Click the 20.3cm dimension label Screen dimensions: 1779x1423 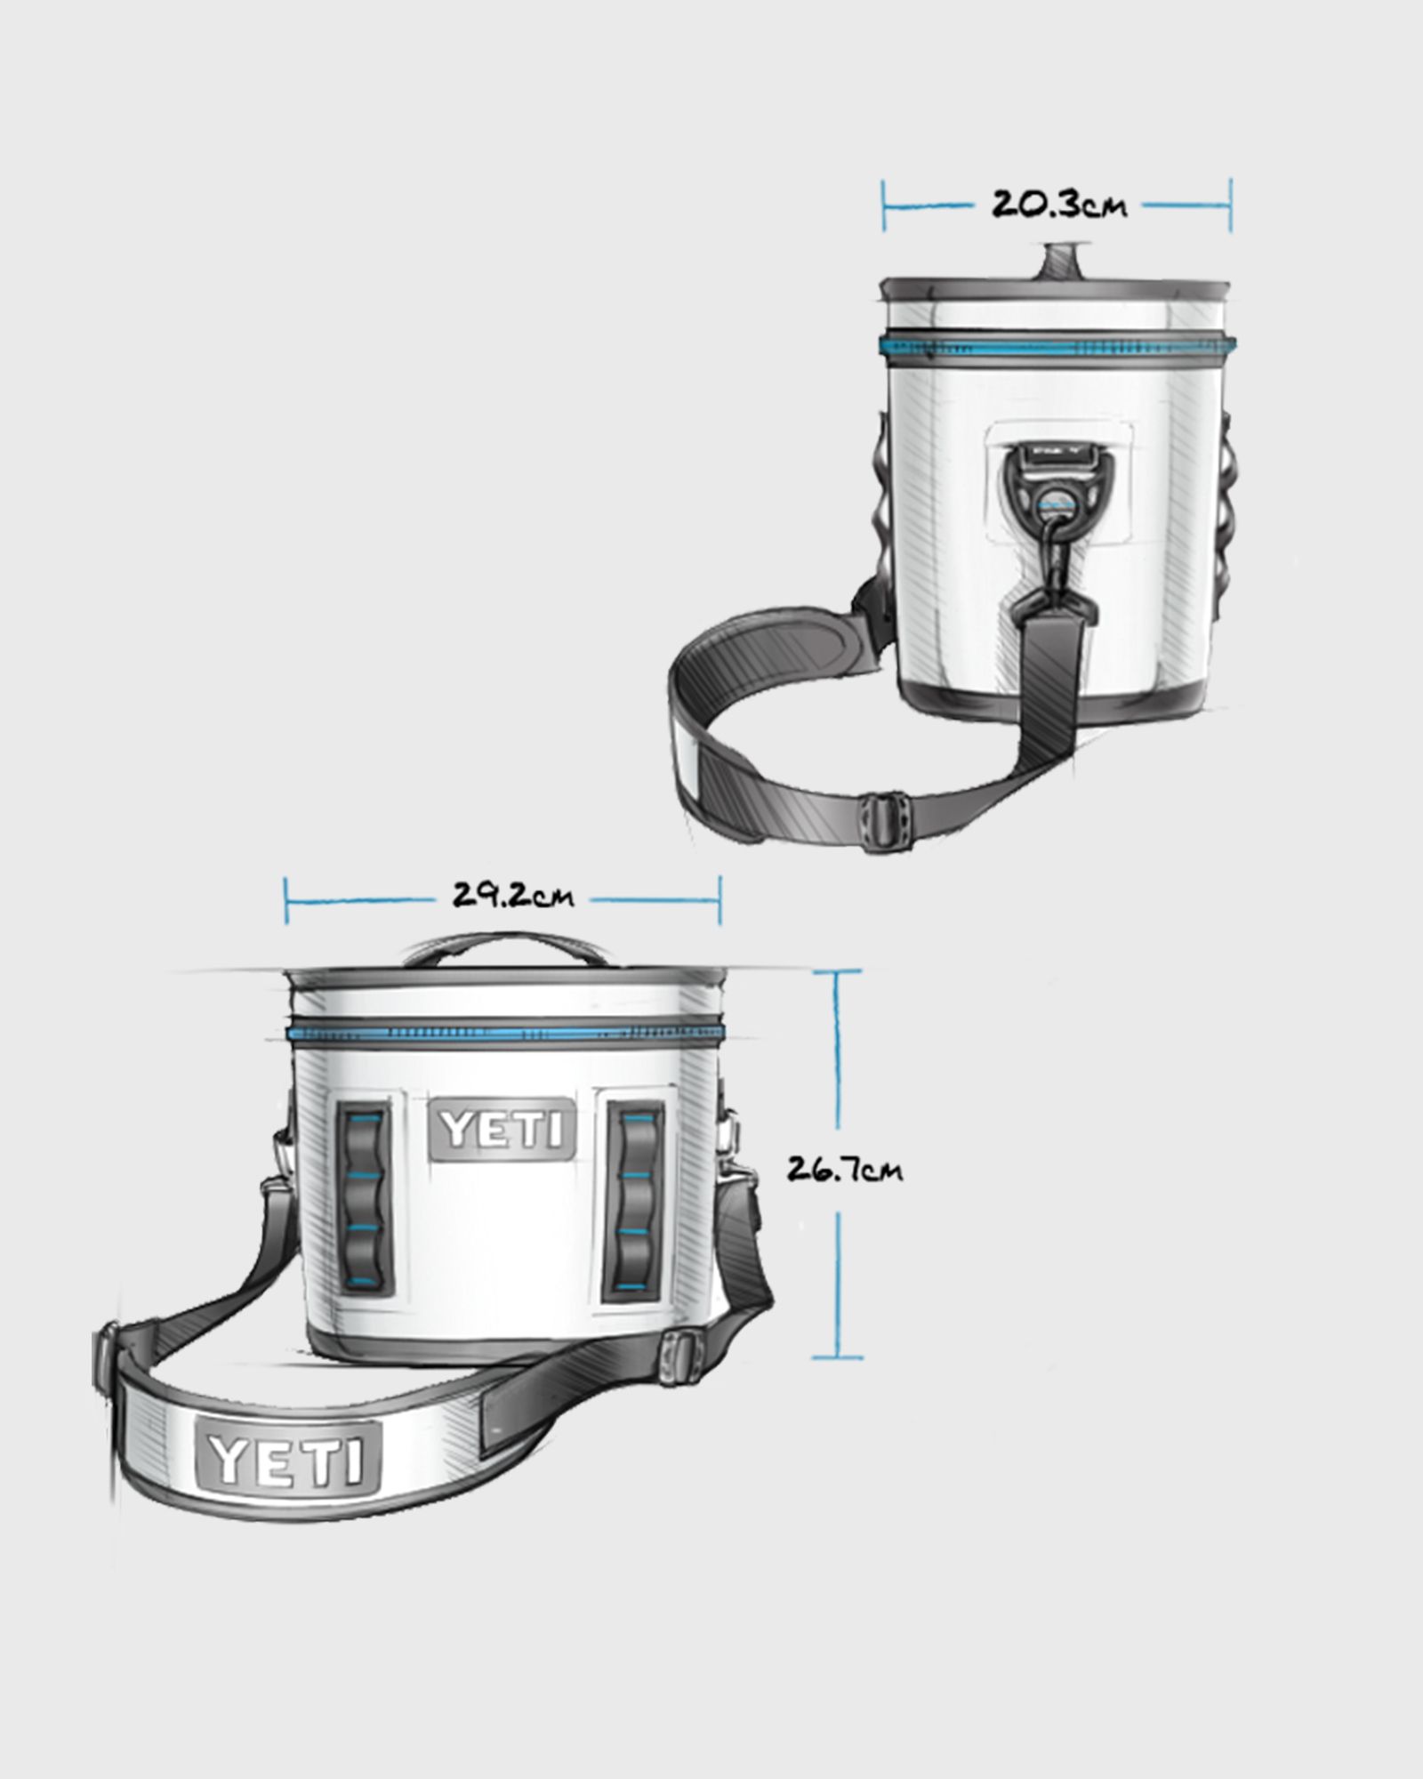[1058, 205]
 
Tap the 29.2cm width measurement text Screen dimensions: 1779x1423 [513, 896]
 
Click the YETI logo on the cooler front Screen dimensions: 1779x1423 [502, 1130]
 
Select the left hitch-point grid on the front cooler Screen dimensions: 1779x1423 [365, 1199]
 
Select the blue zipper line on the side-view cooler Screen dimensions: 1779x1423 [1057, 344]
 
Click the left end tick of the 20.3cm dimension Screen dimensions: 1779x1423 [884, 205]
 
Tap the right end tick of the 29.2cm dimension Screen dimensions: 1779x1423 [720, 900]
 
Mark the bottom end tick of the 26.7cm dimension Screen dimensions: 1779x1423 [837, 1382]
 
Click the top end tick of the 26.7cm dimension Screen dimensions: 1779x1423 [837, 972]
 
